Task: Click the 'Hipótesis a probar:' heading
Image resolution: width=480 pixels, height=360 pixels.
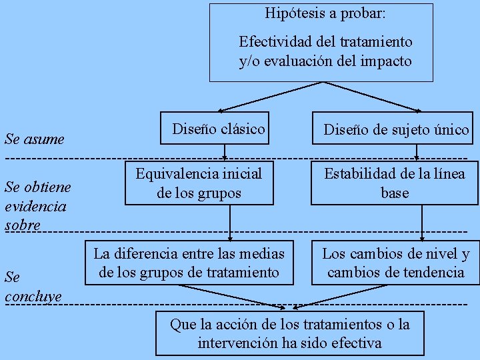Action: pyautogui.click(x=325, y=13)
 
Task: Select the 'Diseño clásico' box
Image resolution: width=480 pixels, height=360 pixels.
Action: pyautogui.click(x=218, y=129)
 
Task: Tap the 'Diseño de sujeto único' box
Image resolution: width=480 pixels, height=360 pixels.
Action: pyautogui.click(x=396, y=129)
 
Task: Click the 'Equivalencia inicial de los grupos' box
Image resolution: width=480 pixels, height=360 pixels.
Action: pyautogui.click(x=199, y=183)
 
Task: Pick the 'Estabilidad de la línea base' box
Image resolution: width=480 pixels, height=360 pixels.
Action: pyautogui.click(x=395, y=183)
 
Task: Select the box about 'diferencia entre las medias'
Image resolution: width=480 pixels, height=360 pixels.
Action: pyautogui.click(x=189, y=263)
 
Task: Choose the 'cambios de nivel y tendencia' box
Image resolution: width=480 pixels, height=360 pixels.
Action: pyautogui.click(x=396, y=263)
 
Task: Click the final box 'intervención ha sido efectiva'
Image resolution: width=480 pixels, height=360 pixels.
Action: pyautogui.click(x=290, y=333)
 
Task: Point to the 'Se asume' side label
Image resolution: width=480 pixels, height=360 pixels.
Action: pyautogui.click(x=34, y=139)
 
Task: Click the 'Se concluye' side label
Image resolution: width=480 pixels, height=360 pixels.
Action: pyautogui.click(x=33, y=286)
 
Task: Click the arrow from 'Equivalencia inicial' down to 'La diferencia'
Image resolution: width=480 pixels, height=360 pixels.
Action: pyautogui.click(x=230, y=221)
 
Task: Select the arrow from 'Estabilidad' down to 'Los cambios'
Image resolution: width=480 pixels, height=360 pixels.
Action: pyautogui.click(x=422, y=221)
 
